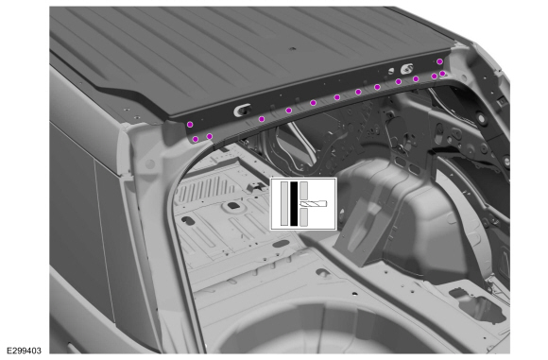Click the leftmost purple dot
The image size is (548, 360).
pos(190,125)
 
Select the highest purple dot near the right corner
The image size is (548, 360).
pos(439,61)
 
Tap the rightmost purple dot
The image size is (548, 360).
pos(442,74)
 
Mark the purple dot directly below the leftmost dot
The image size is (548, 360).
pos(196,139)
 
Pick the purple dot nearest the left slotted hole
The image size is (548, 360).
pos(262,119)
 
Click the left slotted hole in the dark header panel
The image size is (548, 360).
pos(242,111)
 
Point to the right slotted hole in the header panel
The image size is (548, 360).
pos(406,69)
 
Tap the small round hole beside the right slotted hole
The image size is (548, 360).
pos(391,71)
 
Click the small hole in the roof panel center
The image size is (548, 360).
pos(293,49)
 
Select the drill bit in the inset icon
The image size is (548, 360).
pos(313,204)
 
